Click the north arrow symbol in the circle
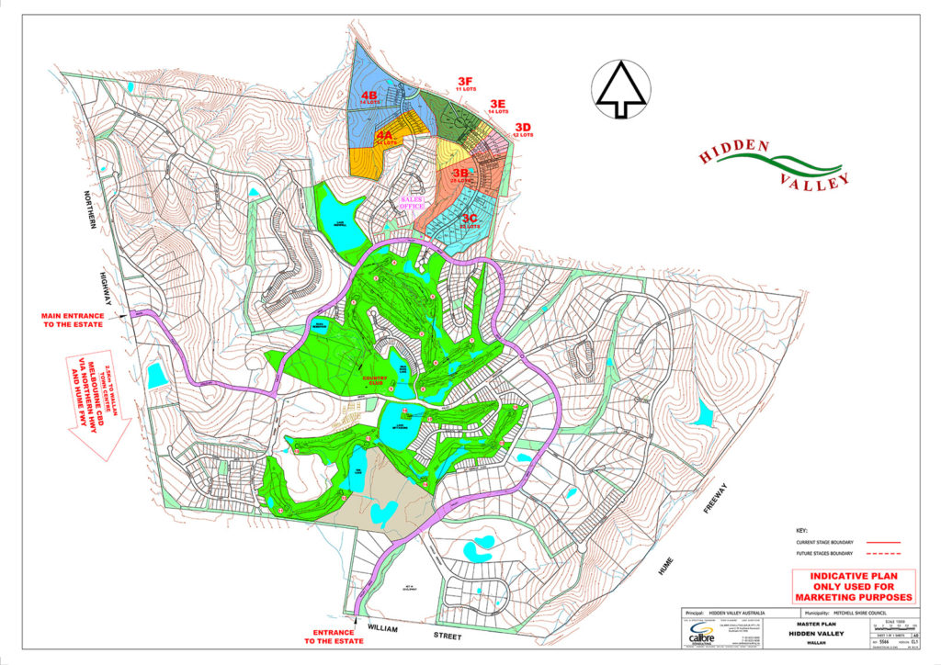pos(622,89)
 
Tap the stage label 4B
pos(370,96)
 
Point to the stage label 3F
pos(465,82)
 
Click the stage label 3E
pos(497,104)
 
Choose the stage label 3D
pos(523,127)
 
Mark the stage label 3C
pos(469,219)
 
